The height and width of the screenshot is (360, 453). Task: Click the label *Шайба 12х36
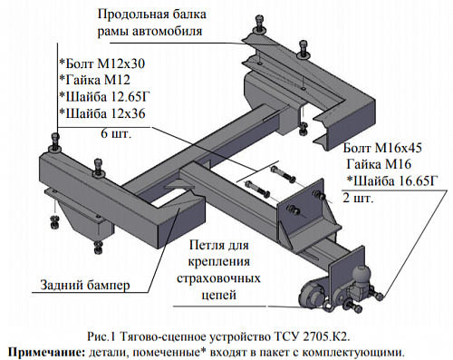[101, 112]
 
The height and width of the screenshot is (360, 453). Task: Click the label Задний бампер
[85, 286]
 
